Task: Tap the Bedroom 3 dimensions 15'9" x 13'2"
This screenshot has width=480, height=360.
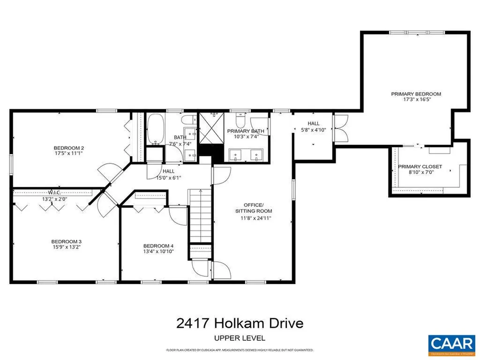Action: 67,247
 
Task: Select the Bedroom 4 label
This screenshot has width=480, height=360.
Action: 158,246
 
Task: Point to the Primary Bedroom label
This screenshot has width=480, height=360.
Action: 416,94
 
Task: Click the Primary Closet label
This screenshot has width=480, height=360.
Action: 420,167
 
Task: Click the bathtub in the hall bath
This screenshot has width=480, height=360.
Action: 155,129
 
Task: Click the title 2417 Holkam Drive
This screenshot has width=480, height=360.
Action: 240,323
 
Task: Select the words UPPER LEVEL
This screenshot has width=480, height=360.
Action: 240,337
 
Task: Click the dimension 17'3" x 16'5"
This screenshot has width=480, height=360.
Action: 416,99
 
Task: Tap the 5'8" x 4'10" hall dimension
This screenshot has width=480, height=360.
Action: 314,130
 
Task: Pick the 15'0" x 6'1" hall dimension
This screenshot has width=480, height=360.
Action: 168,178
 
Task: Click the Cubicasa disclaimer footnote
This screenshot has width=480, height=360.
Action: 240,350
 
